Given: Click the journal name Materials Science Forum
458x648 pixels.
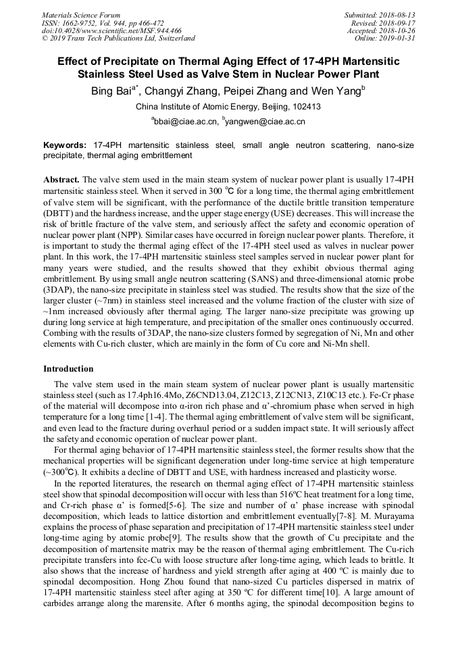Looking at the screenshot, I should pos(81,15).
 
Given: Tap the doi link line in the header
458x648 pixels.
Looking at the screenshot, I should pos(111,30).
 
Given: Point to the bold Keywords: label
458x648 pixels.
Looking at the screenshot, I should pos(65,145).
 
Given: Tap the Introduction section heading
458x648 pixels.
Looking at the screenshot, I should pos(68,369).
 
